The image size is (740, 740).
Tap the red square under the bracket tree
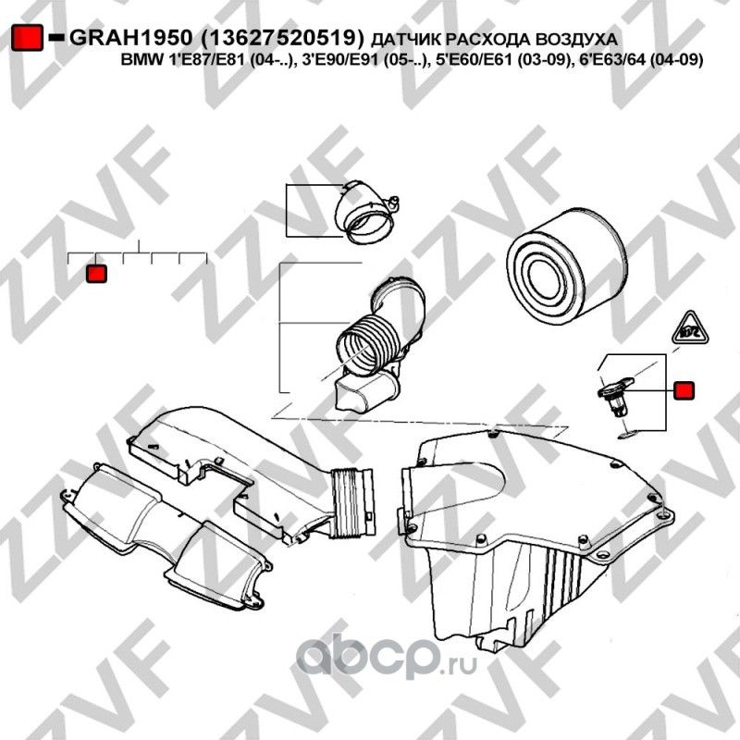click(x=96, y=274)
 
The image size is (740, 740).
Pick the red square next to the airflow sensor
click(x=684, y=391)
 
